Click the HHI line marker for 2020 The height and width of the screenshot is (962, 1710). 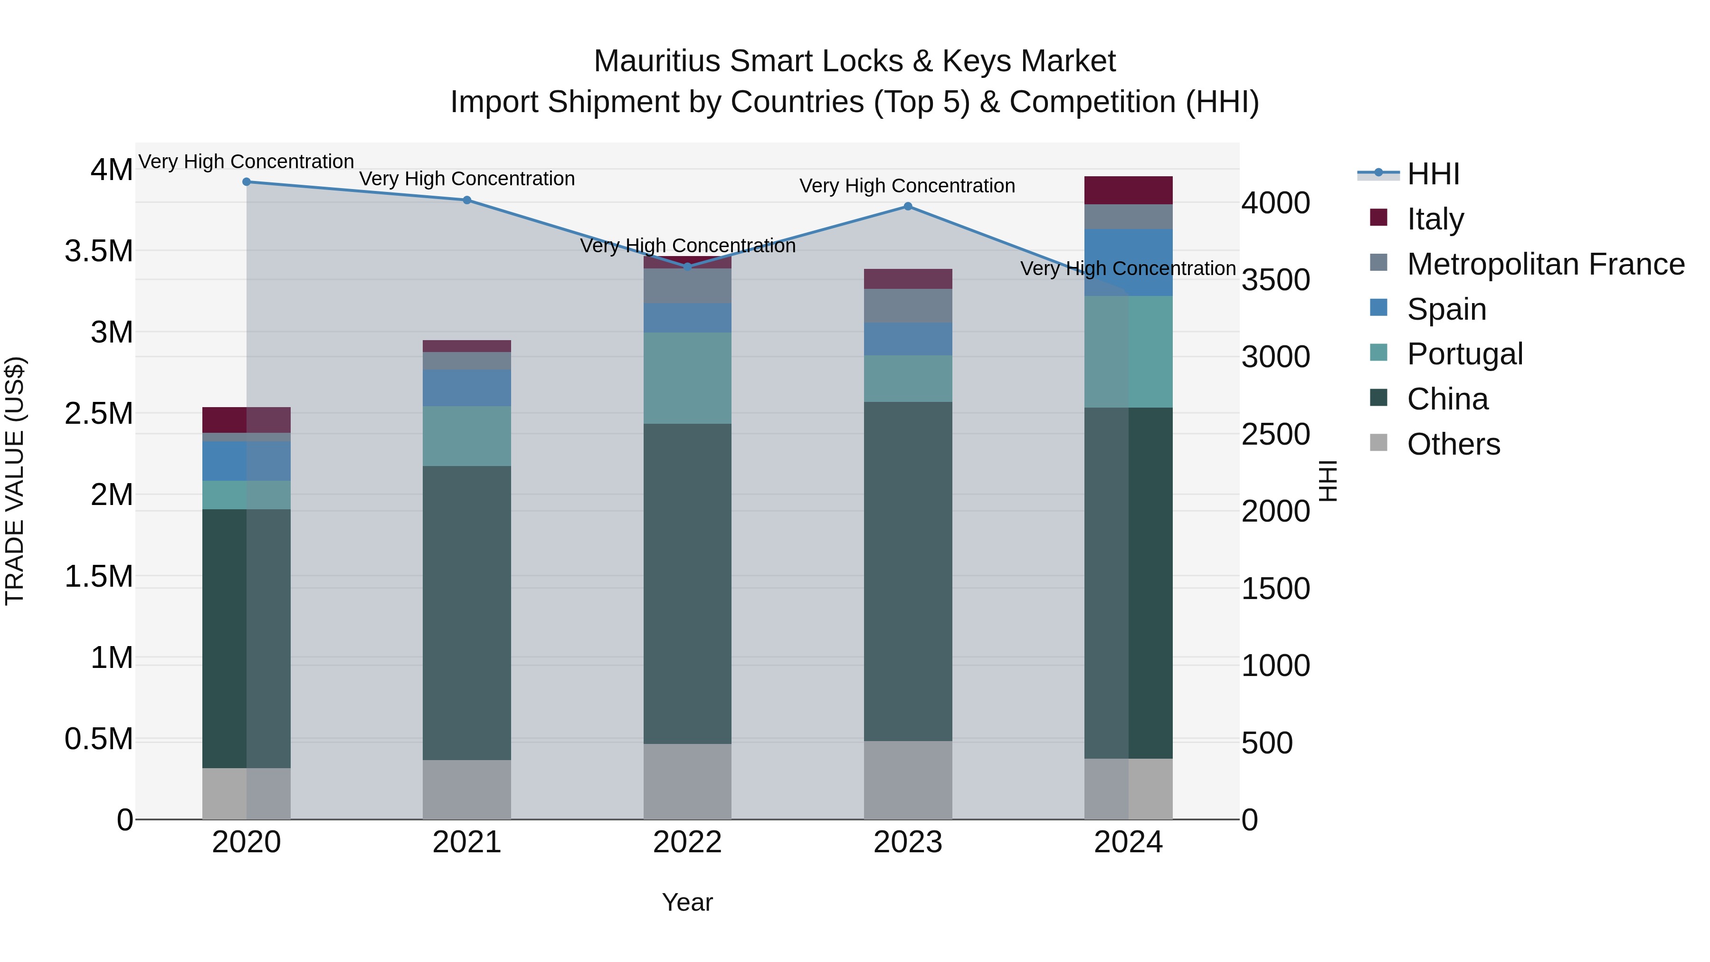[x=246, y=182]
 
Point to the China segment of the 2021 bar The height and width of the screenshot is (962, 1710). [x=466, y=612]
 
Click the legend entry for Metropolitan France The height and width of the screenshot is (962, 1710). [x=1545, y=264]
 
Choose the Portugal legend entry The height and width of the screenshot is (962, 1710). [x=1464, y=354]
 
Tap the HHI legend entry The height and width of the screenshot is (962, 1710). [x=1433, y=174]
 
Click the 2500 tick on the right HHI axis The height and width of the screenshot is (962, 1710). [x=1275, y=435]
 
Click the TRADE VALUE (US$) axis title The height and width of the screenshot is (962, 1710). [x=15, y=481]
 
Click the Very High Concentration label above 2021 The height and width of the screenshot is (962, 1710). [x=466, y=179]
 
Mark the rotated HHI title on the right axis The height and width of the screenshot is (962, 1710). [x=1327, y=481]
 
